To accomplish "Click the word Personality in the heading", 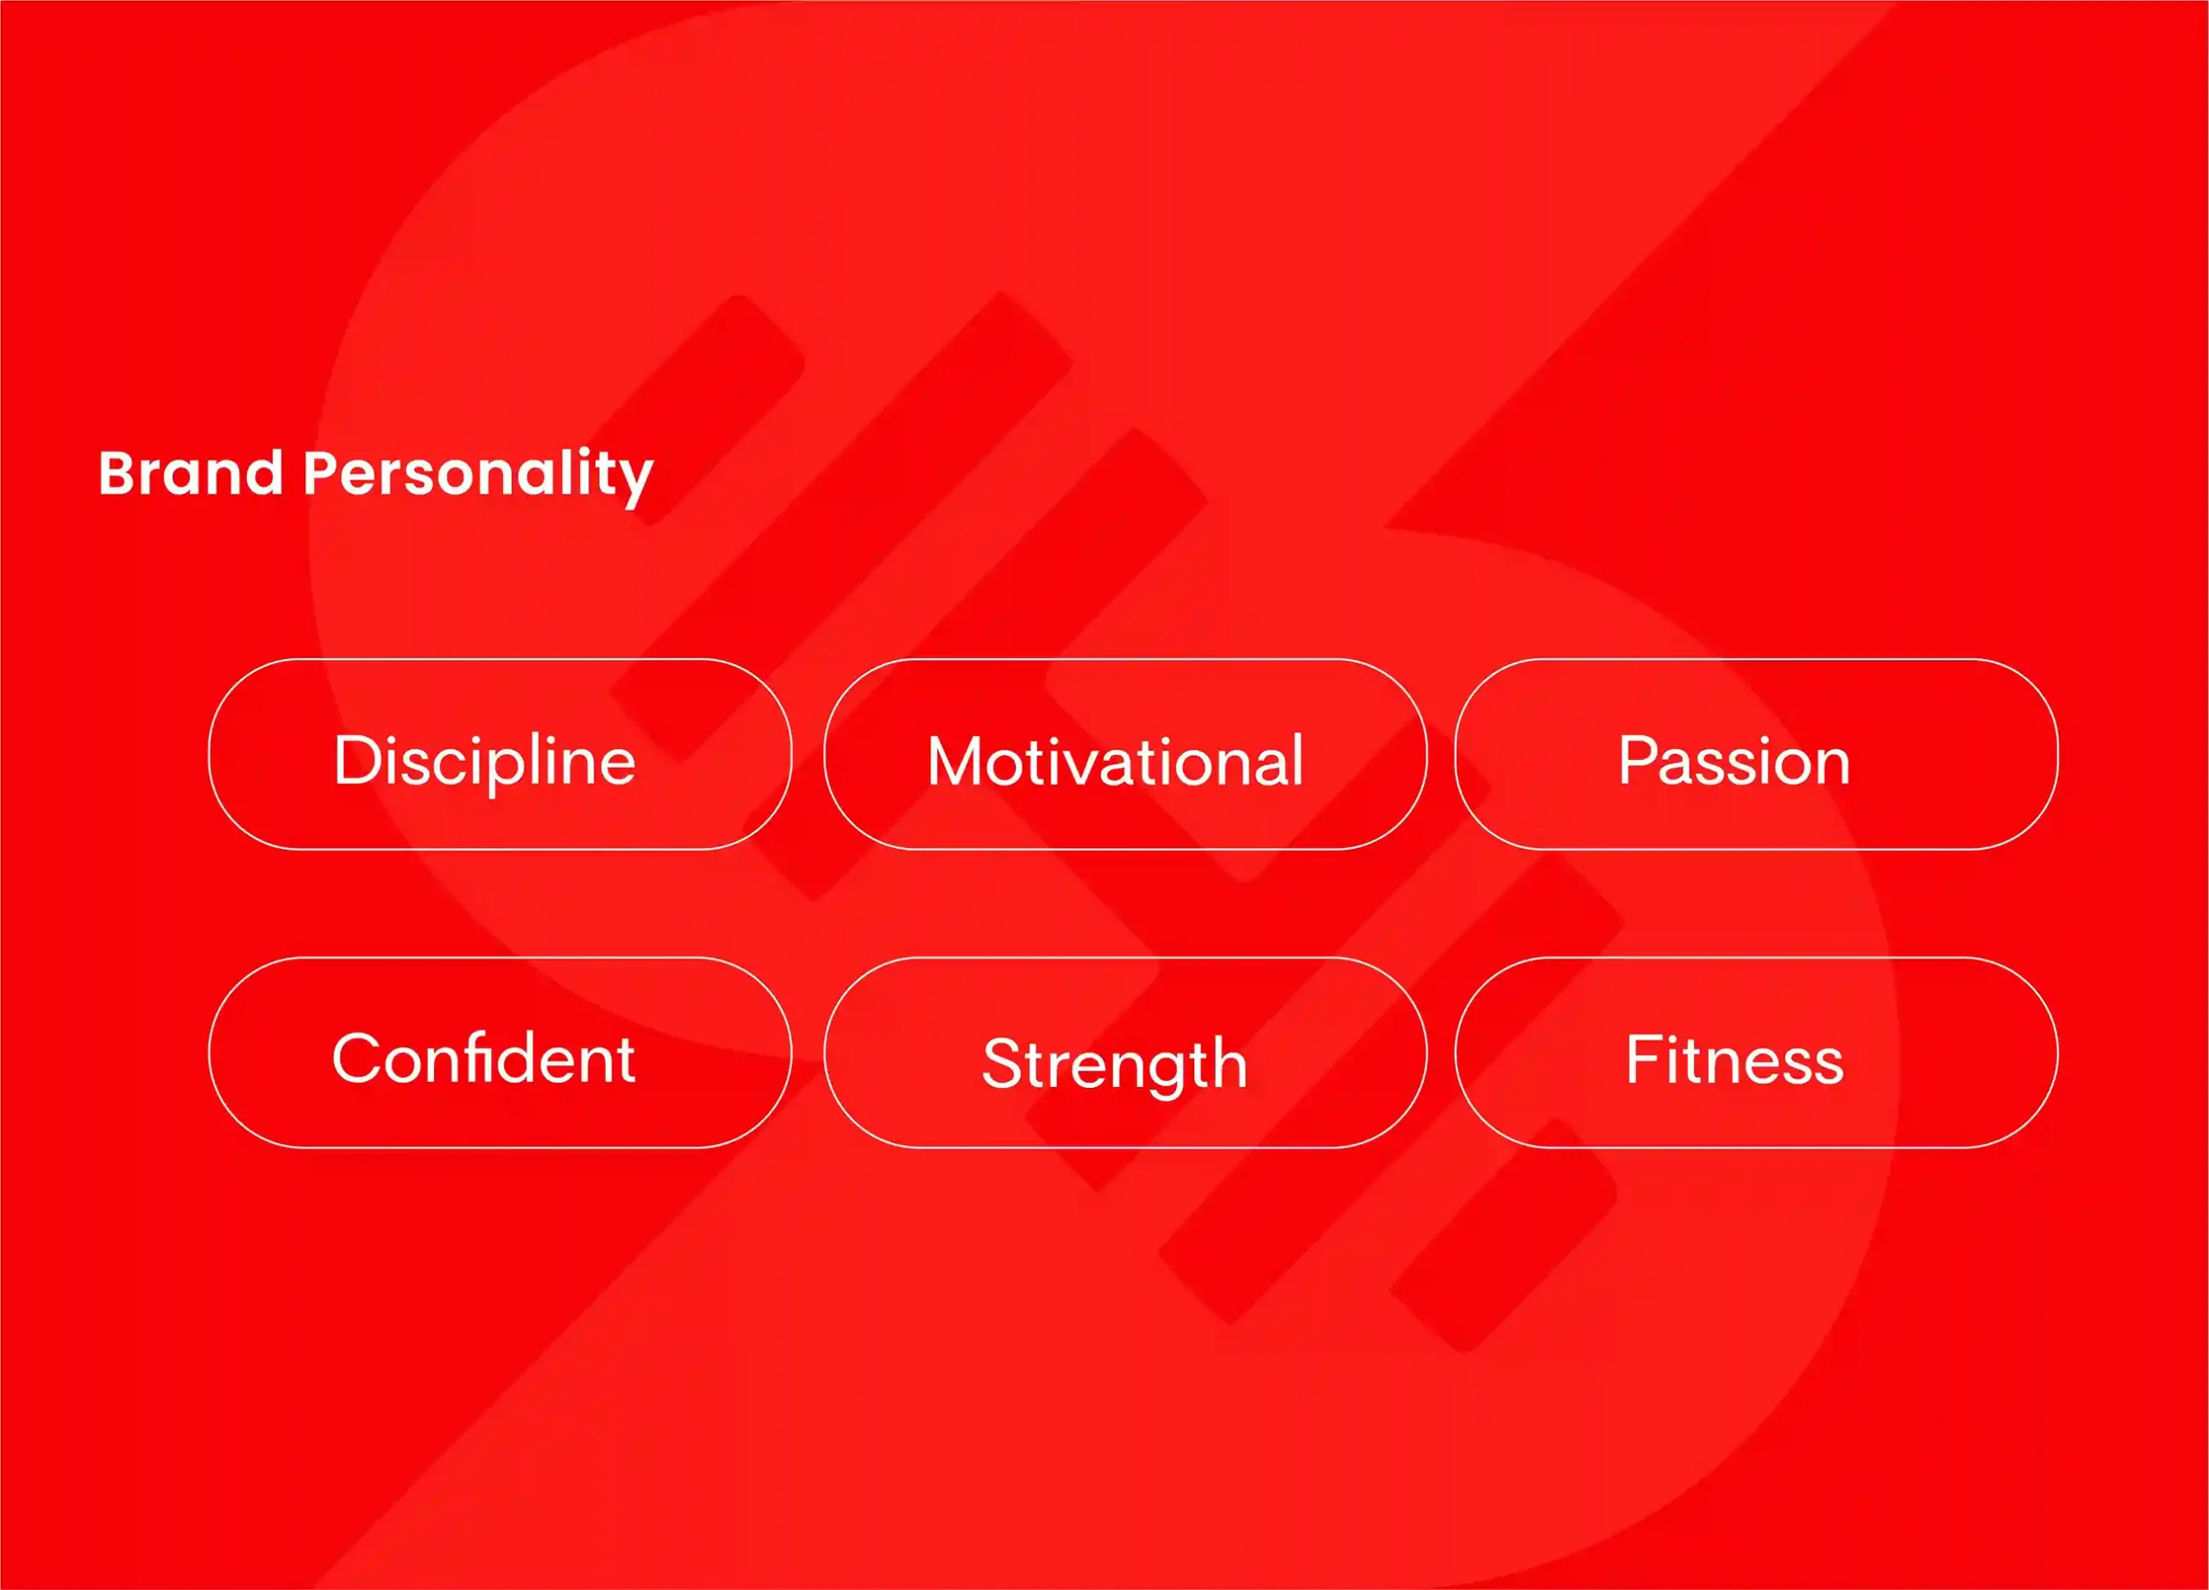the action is click(478, 478).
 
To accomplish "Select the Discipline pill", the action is click(500, 755).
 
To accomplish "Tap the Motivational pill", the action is click(1125, 755).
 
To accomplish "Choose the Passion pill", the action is click(1756, 755).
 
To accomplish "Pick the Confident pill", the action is click(500, 1053).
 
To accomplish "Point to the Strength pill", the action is click(1125, 1053).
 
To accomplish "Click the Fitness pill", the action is click(1756, 1053).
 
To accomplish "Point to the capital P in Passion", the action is click(1640, 759).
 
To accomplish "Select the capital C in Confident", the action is click(357, 1059).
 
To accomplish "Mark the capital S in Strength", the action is click(1004, 1063).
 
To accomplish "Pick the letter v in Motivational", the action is click(1121, 767).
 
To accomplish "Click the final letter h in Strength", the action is click(1228, 1062).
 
